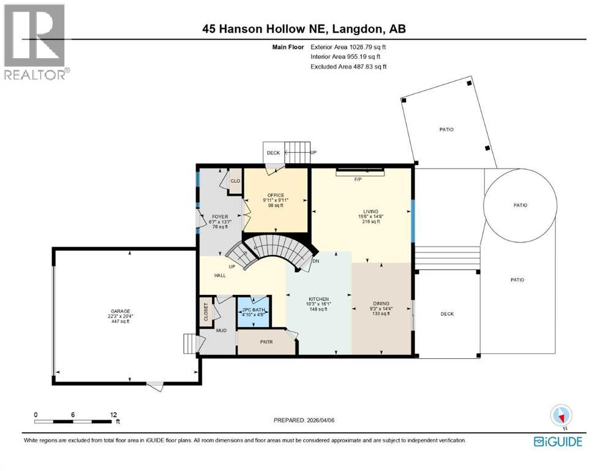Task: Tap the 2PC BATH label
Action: point(253,310)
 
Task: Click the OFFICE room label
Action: point(276,195)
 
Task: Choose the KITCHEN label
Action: point(318,299)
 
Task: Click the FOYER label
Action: point(219,216)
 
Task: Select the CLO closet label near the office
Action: point(235,181)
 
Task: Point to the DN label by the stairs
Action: point(315,261)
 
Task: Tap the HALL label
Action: point(220,275)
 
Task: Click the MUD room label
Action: point(220,330)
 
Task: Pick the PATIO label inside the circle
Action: point(520,205)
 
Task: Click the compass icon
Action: point(561,416)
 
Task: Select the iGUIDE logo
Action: point(558,441)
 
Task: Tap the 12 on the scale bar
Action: point(113,415)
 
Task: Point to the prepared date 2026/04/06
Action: point(304,420)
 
